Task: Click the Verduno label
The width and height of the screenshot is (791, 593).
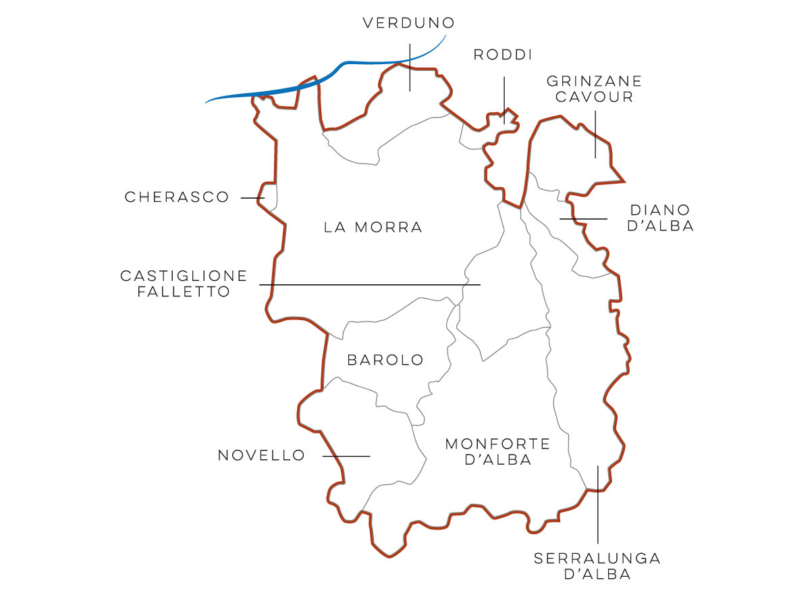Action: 408,24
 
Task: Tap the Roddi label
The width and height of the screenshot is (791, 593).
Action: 503,55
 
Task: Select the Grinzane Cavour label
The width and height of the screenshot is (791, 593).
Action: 594,88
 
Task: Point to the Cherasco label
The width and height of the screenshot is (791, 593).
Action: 178,197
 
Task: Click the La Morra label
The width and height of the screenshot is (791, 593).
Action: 373,228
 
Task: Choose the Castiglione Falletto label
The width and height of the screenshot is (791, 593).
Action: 184,284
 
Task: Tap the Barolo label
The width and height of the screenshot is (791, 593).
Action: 385,360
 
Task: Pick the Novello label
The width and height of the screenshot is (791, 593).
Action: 261,456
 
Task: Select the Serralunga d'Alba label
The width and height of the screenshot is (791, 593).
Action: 597,567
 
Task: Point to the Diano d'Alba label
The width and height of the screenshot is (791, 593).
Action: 661,218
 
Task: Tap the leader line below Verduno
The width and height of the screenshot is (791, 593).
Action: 410,68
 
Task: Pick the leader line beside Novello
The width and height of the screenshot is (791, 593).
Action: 346,456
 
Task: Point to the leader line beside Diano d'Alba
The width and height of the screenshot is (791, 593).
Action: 583,219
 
